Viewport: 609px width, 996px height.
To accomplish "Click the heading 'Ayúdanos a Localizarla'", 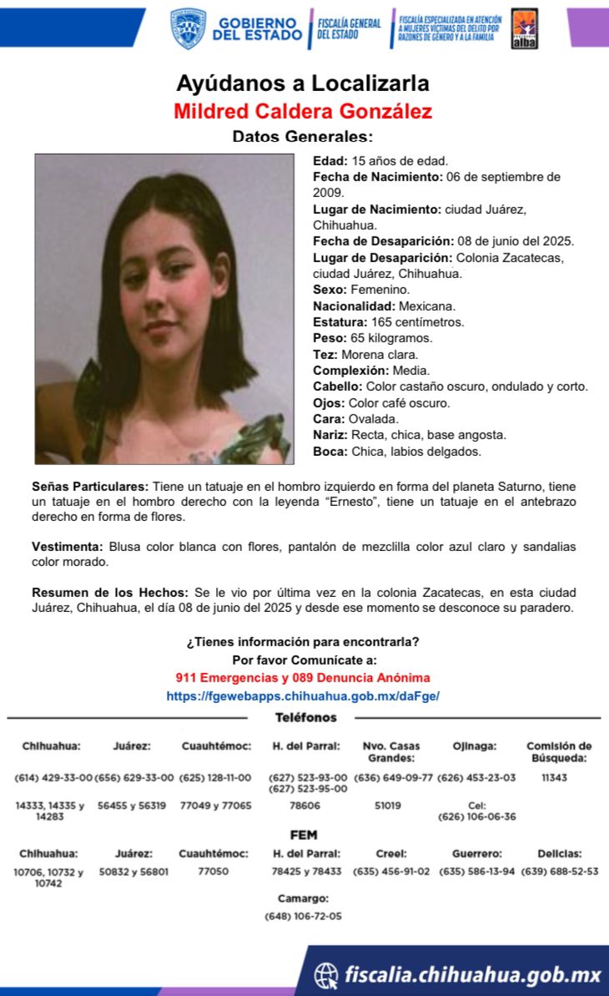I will click(x=303, y=83).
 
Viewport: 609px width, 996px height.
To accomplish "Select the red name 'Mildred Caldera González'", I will click(x=303, y=111).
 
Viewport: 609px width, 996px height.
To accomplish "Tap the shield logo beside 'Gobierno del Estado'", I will click(x=189, y=28).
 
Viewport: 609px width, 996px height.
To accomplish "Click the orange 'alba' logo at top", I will click(x=524, y=28).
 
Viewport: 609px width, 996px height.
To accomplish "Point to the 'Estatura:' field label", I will click(x=340, y=322).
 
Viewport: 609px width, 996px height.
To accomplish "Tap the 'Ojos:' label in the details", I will click(x=329, y=403).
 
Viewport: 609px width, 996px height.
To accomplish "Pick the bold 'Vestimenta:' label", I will click(x=68, y=547).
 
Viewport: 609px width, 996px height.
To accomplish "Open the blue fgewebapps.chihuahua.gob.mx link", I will click(x=303, y=695).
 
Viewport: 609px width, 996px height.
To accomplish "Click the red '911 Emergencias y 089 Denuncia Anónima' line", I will click(x=303, y=678).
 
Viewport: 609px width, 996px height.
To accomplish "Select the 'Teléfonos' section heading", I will click(x=306, y=718).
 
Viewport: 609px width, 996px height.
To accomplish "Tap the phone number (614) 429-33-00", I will click(x=53, y=778).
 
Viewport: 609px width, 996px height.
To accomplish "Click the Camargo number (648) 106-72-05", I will click(x=303, y=916).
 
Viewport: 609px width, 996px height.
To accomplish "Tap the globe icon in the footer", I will click(x=326, y=974).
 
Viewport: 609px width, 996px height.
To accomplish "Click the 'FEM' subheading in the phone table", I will click(x=303, y=835).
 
